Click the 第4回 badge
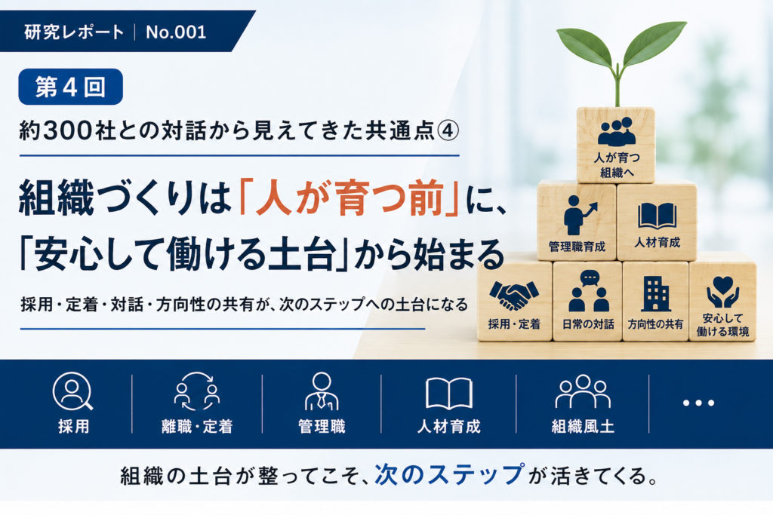click(70, 87)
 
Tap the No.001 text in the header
click(176, 32)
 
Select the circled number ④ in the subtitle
click(448, 130)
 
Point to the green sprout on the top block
click(621, 59)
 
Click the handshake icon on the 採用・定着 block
click(514, 295)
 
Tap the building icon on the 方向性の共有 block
click(656, 294)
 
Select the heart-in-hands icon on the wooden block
click(722, 292)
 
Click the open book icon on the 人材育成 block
click(658, 216)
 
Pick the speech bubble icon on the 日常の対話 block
click(590, 278)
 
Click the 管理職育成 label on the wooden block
click(577, 247)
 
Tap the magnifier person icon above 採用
click(72, 391)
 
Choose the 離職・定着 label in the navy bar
click(197, 426)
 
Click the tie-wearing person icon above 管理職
click(322, 391)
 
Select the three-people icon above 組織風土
click(583, 391)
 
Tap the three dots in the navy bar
click(698, 403)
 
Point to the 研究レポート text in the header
click(74, 32)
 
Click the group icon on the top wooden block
click(616, 132)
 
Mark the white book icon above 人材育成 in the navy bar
click(449, 394)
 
